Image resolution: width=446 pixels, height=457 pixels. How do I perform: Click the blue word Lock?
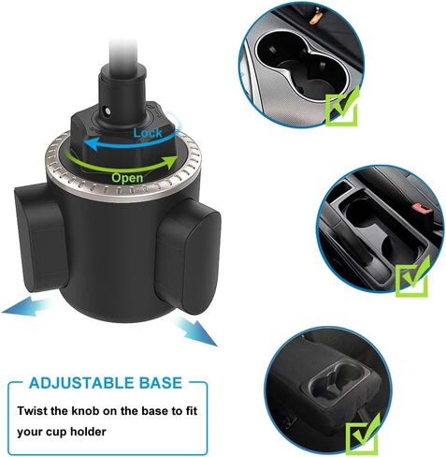click(148, 133)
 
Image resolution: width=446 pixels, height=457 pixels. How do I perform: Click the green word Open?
click(127, 178)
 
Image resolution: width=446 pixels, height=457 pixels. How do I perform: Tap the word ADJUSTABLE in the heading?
click(79, 383)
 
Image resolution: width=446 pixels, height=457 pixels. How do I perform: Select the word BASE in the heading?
click(160, 383)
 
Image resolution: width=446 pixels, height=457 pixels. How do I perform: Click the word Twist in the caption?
click(32, 410)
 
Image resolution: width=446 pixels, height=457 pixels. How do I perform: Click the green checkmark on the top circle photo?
click(342, 106)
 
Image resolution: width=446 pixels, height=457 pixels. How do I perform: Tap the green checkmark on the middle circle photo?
click(412, 276)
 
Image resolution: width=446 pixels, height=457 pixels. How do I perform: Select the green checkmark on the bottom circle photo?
click(363, 434)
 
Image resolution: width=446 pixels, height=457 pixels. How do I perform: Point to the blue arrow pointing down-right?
click(195, 331)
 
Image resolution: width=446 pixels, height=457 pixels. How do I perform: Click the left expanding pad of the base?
click(39, 239)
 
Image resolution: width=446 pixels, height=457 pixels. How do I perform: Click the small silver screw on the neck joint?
click(108, 111)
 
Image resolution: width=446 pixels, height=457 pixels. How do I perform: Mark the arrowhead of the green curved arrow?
click(171, 162)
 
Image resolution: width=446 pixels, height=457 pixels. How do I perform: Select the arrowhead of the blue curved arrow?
click(91, 144)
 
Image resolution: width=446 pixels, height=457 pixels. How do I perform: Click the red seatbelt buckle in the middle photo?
click(423, 208)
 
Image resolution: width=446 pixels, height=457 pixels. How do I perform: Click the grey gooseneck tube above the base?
click(124, 52)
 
